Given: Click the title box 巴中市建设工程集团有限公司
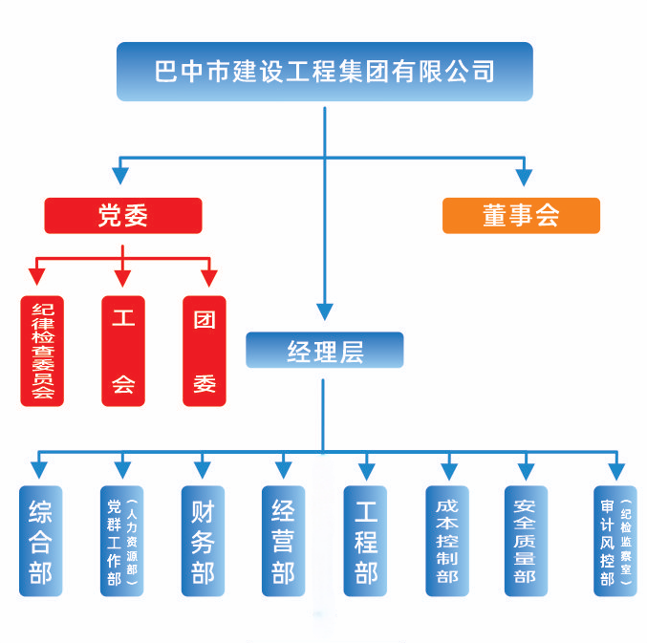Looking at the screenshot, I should click(324, 72).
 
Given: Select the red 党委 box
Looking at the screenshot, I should click(123, 216).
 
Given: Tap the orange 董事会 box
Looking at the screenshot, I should click(521, 216).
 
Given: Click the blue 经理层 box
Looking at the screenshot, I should click(325, 351).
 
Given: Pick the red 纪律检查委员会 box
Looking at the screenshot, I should click(42, 352).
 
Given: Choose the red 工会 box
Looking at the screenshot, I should click(123, 352).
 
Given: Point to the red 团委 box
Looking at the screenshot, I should click(205, 352).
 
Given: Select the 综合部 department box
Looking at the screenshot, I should click(41, 542).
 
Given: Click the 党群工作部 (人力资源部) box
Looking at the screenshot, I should click(122, 542).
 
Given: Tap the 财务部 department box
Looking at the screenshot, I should click(203, 542).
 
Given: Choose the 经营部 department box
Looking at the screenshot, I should click(283, 542).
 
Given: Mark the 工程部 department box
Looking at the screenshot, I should click(365, 542).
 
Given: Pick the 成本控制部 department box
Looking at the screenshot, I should click(447, 542).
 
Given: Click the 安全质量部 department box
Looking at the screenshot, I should click(525, 542).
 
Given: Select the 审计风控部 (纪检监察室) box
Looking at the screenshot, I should click(615, 542).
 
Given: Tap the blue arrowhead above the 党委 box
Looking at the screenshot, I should click(120, 176).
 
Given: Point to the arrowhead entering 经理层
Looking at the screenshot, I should click(325, 311).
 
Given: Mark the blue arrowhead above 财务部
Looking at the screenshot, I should click(203, 469).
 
